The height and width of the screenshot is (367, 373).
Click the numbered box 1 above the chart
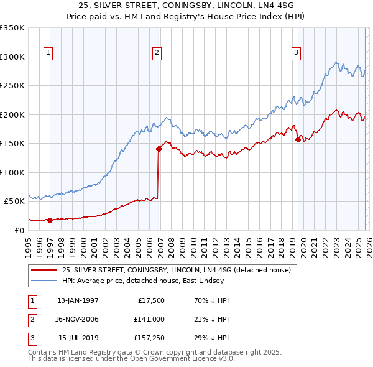[48, 53]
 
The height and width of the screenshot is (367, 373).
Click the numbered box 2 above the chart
[157, 53]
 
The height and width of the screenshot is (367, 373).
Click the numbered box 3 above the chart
[297, 53]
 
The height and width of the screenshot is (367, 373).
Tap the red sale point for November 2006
[159, 149]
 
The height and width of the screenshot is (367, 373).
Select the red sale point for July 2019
[298, 139]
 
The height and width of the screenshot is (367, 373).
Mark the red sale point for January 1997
[50, 220]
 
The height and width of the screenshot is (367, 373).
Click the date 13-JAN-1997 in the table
[78, 300]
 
